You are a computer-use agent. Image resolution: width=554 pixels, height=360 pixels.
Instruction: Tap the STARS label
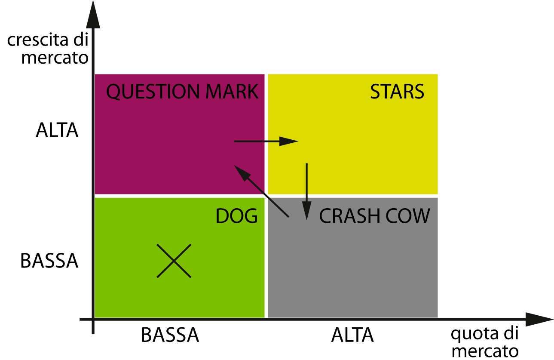tap(397, 92)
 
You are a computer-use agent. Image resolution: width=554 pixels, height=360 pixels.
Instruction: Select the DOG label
tap(236, 216)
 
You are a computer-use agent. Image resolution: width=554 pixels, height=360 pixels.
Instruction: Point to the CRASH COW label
tap(374, 216)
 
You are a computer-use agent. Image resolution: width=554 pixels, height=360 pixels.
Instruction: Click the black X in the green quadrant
tap(173, 261)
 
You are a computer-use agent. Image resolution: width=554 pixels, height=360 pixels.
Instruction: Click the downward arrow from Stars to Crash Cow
tap(306, 191)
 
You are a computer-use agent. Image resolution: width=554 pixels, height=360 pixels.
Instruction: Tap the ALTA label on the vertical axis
tap(57, 130)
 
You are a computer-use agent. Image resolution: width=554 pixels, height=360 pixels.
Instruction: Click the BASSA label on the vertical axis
tap(49, 261)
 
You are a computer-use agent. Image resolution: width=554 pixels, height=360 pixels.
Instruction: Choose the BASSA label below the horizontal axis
tap(170, 335)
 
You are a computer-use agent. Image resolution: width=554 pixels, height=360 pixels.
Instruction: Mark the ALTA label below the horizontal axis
tap(352, 335)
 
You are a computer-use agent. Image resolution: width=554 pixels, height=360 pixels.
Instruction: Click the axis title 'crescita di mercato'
tap(48, 49)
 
